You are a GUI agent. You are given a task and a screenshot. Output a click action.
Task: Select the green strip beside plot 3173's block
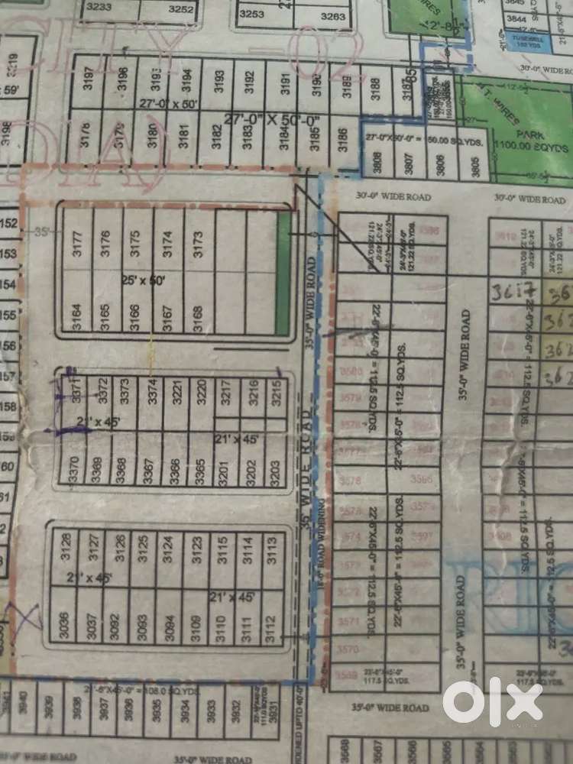pyautogui.click(x=283, y=274)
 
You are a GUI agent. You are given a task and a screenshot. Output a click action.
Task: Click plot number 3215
pyautogui.click(x=276, y=392)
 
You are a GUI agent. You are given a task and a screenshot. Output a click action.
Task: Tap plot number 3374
pyautogui.click(x=151, y=392)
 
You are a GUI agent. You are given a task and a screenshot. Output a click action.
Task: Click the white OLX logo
pyautogui.click(x=493, y=701)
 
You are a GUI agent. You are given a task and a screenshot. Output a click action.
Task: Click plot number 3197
pyautogui.click(x=89, y=78)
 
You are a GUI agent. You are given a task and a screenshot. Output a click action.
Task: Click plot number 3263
pyautogui.click(x=333, y=15)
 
